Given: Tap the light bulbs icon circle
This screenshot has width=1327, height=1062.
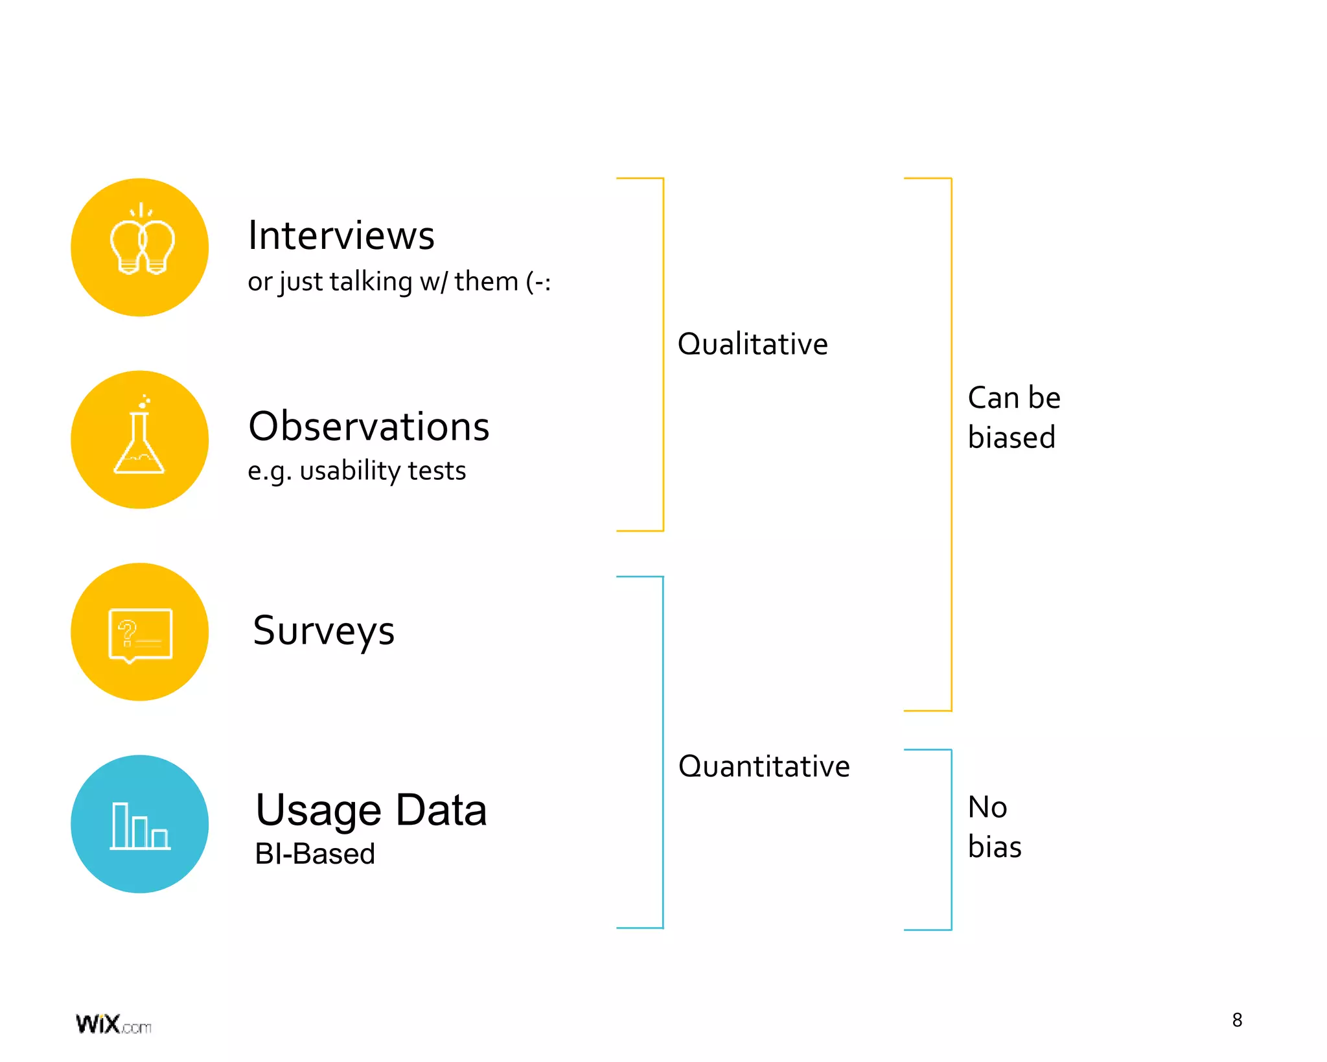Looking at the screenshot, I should click(x=140, y=247).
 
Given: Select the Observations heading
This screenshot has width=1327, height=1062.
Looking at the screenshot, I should click(x=369, y=427).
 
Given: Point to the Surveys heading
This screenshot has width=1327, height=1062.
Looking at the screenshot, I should click(x=323, y=631).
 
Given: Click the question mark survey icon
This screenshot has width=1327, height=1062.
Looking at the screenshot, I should click(x=140, y=634).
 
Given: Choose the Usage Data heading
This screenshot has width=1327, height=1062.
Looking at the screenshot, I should click(x=371, y=810).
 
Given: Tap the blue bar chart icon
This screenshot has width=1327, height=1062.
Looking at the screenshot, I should click(x=140, y=825).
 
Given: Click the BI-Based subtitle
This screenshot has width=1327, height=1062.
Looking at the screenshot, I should click(x=315, y=854).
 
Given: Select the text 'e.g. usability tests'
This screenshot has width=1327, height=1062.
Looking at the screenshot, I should click(x=356, y=471).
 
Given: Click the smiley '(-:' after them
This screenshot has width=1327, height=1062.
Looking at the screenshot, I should click(x=538, y=282).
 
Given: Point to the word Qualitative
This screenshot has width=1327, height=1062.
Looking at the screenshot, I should click(x=752, y=344).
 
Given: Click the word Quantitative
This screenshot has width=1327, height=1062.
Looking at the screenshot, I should click(x=763, y=766).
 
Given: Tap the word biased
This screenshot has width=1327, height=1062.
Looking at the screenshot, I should click(x=1011, y=438).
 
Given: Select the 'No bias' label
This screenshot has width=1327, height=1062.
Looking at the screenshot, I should click(x=994, y=827).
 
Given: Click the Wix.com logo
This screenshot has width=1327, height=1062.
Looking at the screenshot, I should click(x=113, y=1024).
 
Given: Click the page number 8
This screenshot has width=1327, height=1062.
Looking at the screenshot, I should click(x=1237, y=1021).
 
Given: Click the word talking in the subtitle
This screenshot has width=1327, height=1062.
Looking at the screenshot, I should click(x=371, y=282).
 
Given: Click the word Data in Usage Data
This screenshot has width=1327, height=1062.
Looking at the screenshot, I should click(x=441, y=810).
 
